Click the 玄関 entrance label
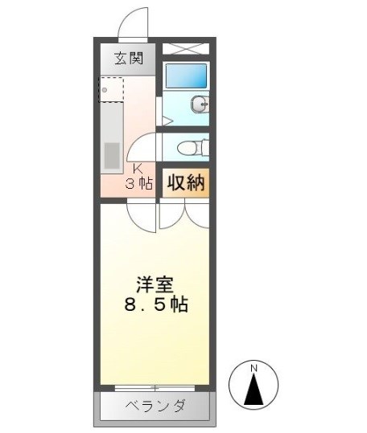tap(125, 58)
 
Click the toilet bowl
tap(186, 148)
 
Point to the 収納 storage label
tap(185, 182)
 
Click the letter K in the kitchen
tap(138, 169)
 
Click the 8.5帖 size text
tap(155, 307)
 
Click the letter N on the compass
tap(254, 368)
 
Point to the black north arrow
tap(254, 390)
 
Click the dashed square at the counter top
tap(110, 88)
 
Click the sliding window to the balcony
tap(155, 386)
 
